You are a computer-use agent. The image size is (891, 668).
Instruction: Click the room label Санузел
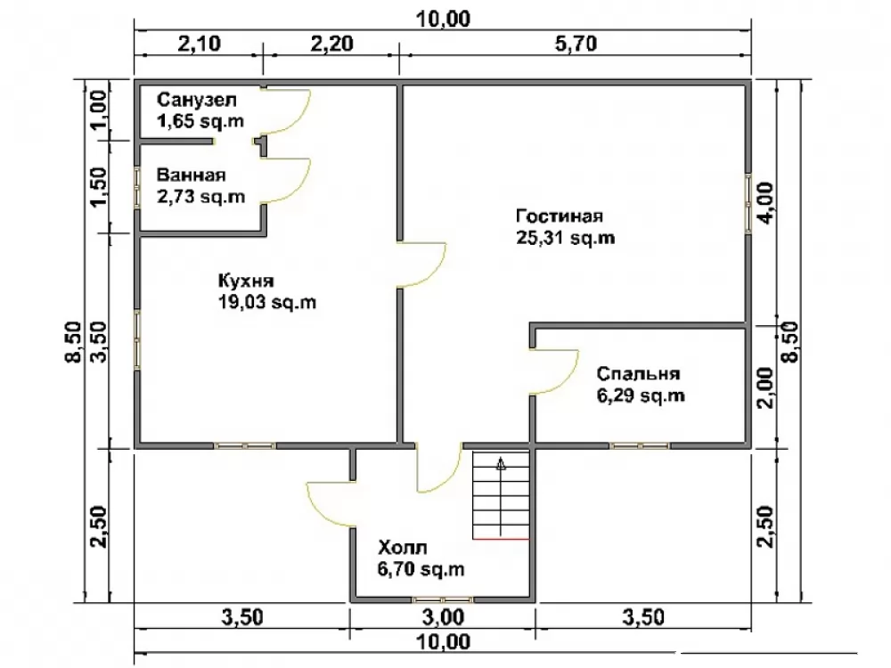click(x=197, y=100)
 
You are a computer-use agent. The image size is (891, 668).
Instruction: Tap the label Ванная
click(x=192, y=175)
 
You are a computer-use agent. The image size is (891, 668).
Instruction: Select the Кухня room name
click(x=246, y=281)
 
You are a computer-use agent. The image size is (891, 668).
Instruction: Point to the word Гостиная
click(x=560, y=216)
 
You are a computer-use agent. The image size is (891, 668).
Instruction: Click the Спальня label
click(x=638, y=374)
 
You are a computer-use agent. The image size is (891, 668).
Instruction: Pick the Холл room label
click(x=403, y=548)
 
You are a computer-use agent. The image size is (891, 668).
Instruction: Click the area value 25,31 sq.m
click(x=566, y=238)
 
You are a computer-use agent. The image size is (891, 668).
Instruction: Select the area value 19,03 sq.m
click(x=267, y=302)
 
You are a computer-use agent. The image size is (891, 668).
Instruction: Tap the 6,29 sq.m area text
click(x=641, y=395)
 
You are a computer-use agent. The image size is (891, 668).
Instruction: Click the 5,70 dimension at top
click(x=576, y=44)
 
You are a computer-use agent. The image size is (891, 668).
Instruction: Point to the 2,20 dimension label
click(x=331, y=44)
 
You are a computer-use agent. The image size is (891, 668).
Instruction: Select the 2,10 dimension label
click(x=199, y=44)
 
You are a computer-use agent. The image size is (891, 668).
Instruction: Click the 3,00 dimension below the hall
click(x=443, y=617)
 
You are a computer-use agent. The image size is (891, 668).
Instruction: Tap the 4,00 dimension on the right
click(x=765, y=203)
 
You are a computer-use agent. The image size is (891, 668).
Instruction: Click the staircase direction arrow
click(x=501, y=495)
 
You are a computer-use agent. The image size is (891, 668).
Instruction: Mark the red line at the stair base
click(x=501, y=538)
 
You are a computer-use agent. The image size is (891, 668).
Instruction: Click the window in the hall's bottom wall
click(x=442, y=599)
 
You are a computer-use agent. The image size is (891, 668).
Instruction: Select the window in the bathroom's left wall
click(x=137, y=187)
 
